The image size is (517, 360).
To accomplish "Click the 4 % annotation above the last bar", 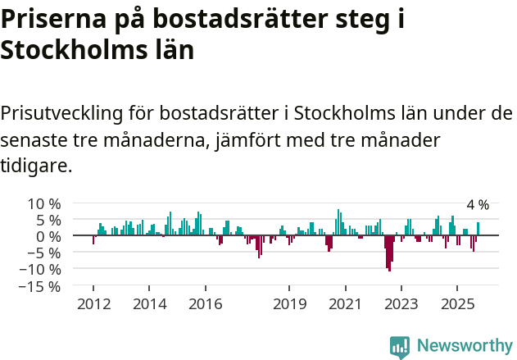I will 478,205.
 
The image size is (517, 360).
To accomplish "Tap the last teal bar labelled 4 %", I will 478,229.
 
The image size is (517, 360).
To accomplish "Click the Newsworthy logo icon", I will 400,347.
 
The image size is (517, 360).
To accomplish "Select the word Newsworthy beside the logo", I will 464,347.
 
